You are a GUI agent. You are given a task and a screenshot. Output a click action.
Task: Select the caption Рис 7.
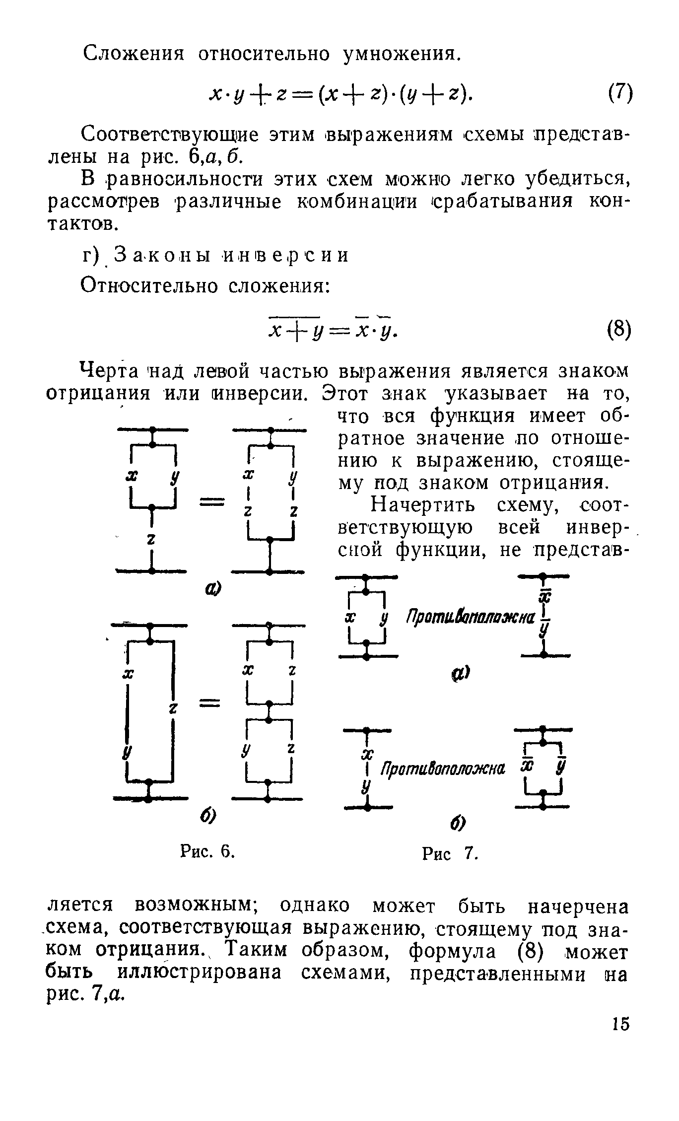[x=450, y=854]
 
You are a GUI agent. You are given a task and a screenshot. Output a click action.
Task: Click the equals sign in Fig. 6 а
[x=212, y=503]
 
